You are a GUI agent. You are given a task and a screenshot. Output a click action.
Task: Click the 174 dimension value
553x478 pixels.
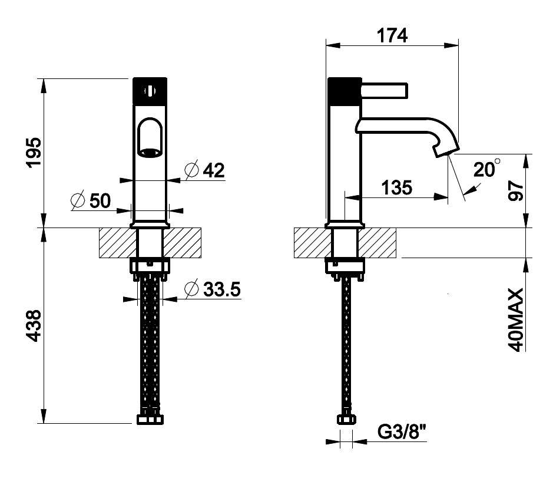point(392,35)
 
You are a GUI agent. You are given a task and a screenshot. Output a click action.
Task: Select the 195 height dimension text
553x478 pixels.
point(34,152)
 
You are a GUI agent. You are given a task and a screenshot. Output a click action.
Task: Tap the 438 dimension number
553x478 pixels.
point(34,326)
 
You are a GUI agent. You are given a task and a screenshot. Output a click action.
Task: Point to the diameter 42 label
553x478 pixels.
point(205,170)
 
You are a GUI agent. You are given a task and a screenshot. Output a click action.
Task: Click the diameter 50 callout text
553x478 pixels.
point(91,201)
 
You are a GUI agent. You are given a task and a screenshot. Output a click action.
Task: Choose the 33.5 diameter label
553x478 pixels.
point(213,289)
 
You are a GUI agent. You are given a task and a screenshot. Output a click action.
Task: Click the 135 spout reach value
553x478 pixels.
point(396,187)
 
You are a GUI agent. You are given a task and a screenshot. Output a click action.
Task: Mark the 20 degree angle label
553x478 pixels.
point(486,169)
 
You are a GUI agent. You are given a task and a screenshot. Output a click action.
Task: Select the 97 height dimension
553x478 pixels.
point(516,190)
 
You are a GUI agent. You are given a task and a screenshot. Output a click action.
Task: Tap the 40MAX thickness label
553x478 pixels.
point(516,320)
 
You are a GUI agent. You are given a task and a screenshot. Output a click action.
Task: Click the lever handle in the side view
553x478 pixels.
point(385,90)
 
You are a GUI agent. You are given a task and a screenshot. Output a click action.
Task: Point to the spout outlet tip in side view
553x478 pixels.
point(446,151)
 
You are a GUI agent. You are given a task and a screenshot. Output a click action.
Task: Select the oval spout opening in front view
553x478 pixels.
point(150,137)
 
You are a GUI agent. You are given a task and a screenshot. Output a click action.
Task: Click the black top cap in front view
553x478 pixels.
point(150,91)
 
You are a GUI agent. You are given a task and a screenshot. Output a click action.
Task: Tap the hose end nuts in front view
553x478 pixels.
point(150,417)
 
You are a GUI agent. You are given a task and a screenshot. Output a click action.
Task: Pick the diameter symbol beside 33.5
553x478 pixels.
point(191,289)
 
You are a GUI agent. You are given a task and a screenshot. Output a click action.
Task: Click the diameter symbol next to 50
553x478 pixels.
point(78,201)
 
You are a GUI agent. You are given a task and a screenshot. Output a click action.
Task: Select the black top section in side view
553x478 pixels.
point(345,91)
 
